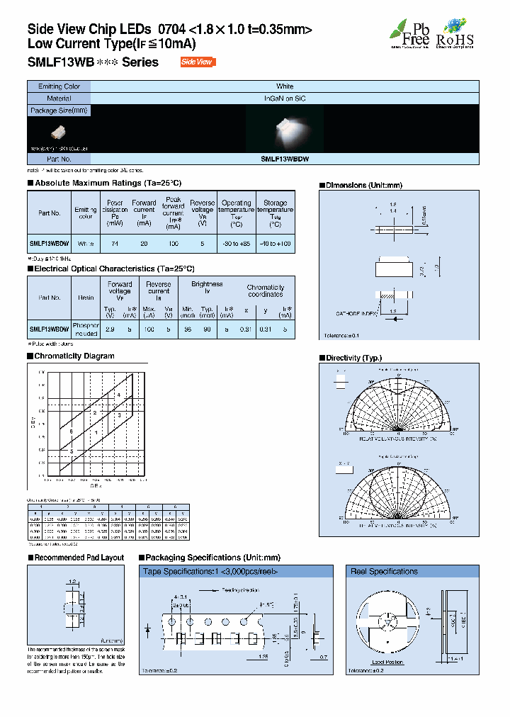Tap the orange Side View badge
point(196,62)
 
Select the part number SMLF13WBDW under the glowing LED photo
point(285,160)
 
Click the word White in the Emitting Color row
point(285,86)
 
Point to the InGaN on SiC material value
point(285,98)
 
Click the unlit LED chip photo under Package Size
point(59,132)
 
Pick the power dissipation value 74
point(115,243)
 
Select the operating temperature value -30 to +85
point(236,243)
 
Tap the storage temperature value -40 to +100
point(275,243)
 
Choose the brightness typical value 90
point(207,329)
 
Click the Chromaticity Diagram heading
point(74,356)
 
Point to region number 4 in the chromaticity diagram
point(119,395)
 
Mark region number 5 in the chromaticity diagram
point(72,451)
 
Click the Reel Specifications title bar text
point(385,571)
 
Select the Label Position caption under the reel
point(387,661)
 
